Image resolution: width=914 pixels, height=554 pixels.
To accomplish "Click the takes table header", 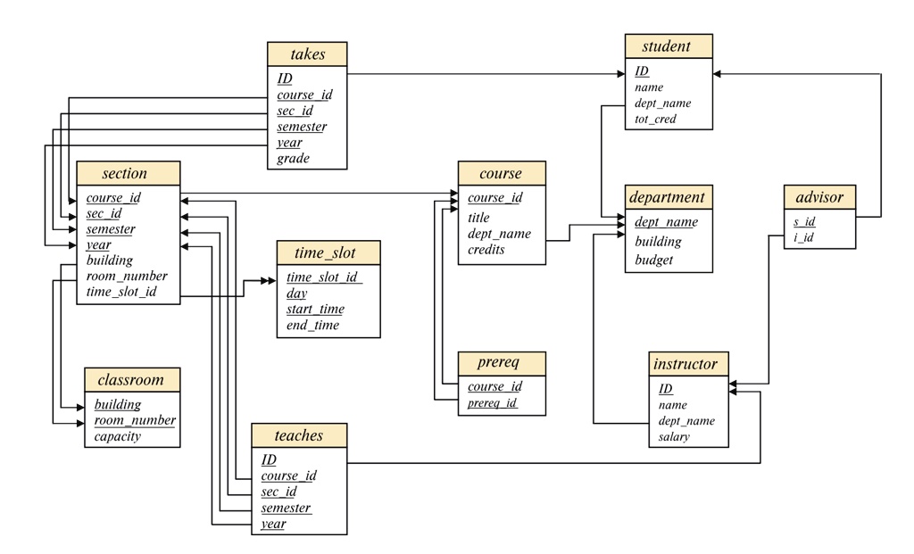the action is [307, 54].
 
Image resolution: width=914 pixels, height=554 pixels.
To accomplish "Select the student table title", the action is [669, 46].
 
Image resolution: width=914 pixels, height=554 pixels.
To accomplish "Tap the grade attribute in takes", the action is [293, 159].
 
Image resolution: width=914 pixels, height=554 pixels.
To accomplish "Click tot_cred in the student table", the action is [655, 119].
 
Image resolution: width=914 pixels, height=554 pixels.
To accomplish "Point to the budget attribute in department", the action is [653, 260].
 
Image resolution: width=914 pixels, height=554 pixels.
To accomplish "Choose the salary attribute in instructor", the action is [674, 436].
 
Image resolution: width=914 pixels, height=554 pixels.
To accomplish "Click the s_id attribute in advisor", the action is [804, 221].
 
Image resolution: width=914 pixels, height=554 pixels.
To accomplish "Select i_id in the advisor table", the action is [804, 237].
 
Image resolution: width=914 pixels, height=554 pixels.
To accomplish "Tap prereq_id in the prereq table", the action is [492, 402].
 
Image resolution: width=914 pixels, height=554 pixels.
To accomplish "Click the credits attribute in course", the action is [486, 249].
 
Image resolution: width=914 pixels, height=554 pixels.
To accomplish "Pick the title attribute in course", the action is [478, 218].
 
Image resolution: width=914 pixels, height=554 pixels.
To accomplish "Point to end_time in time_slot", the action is [312, 325].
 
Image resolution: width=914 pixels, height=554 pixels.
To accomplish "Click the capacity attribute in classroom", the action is [117, 436].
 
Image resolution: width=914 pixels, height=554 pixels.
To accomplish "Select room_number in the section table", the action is [127, 277].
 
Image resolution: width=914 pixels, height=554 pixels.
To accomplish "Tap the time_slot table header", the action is [328, 252].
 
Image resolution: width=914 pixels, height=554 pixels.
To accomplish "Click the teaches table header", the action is [299, 435].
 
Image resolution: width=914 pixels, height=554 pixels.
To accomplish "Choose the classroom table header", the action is [132, 380].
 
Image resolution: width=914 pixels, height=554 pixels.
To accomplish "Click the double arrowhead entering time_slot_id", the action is [268, 281].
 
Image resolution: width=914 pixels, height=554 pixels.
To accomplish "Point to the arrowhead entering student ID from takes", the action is [621, 74].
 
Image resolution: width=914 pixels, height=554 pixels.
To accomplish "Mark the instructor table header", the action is [688, 364].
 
